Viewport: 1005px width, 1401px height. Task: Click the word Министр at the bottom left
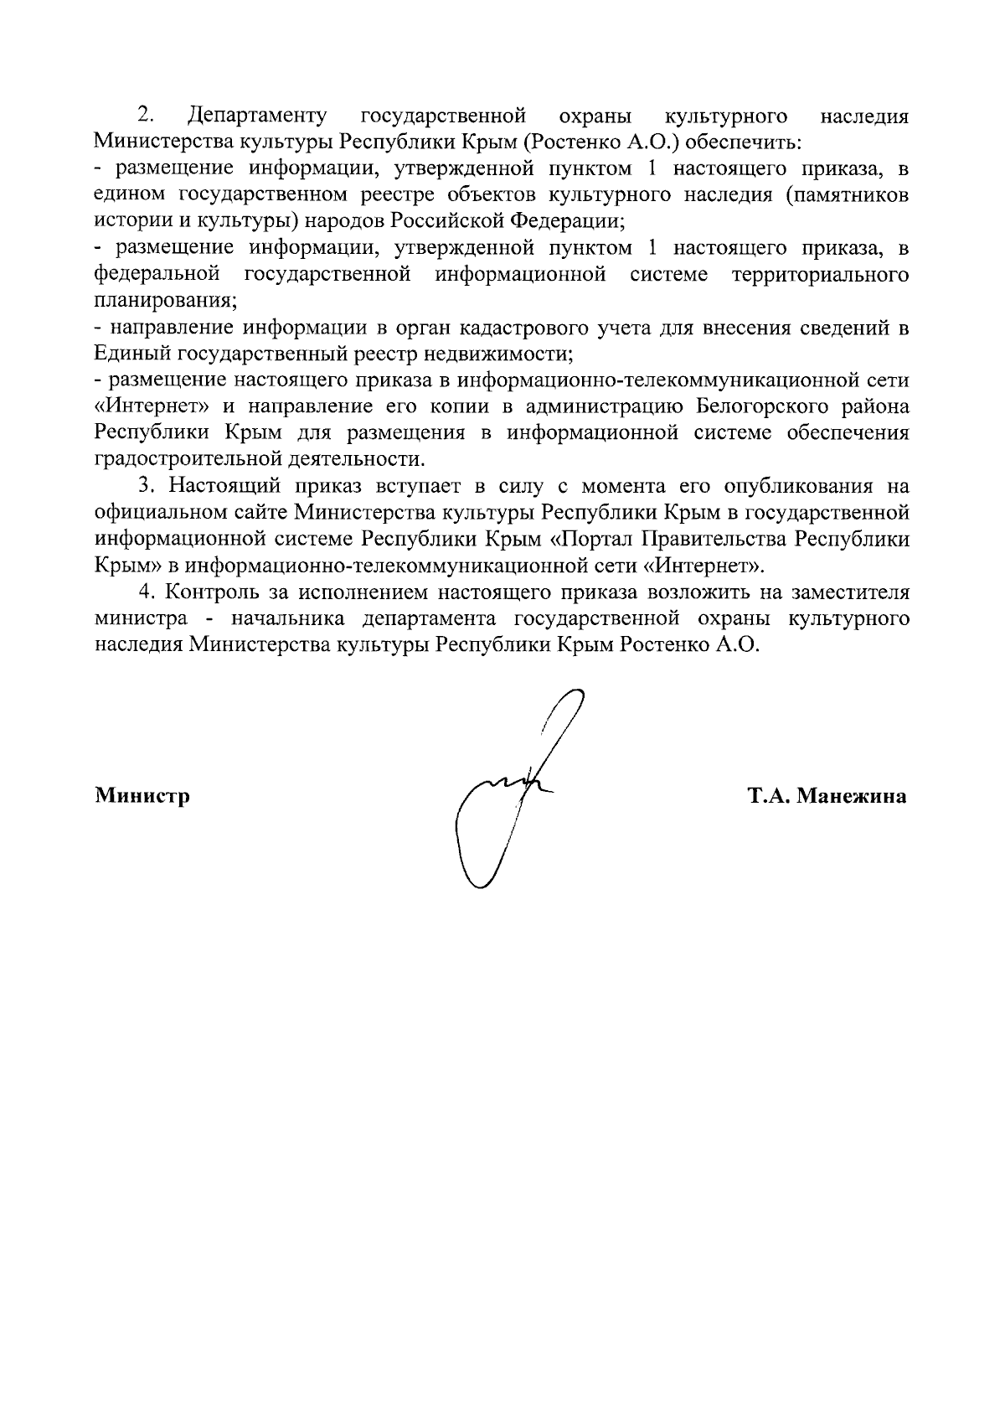click(x=142, y=795)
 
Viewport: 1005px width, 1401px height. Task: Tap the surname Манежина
click(x=852, y=795)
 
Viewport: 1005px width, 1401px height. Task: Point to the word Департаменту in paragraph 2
click(x=258, y=115)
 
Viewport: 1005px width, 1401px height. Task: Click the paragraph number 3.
click(x=147, y=487)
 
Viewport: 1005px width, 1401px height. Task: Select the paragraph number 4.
click(x=147, y=592)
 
